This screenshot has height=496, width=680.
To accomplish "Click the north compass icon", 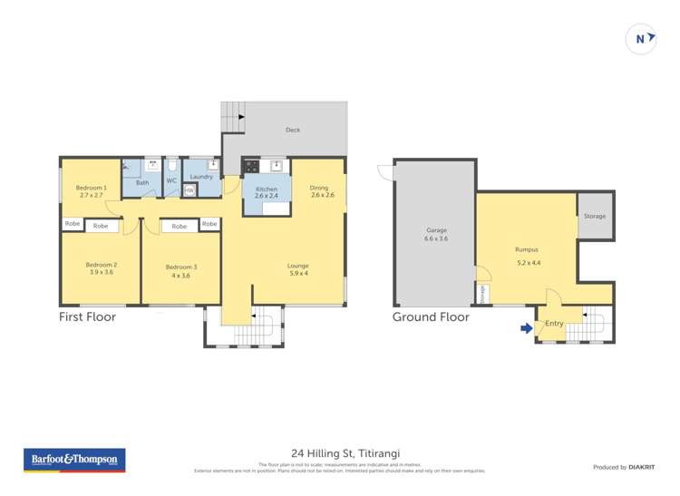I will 641,39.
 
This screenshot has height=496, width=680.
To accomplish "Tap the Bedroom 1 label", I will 92,188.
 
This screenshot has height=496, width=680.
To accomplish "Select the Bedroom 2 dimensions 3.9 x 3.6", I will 102,272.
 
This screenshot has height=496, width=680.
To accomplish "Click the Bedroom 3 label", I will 180,267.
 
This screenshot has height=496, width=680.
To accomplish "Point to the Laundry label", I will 201,177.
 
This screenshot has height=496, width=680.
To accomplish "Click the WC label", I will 170,180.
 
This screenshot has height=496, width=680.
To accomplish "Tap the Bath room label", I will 142,182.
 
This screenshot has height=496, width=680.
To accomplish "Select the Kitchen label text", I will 267,188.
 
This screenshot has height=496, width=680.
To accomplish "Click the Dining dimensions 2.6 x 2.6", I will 323,195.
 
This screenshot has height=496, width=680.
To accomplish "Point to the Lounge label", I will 298,265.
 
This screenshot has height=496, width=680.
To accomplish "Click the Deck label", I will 293,130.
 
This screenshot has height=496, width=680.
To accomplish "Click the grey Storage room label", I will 595,216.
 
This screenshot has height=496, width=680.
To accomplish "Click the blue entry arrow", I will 526,328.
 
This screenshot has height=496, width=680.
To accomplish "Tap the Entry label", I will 554,323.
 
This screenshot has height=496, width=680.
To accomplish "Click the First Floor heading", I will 87,317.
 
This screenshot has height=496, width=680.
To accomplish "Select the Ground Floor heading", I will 431,317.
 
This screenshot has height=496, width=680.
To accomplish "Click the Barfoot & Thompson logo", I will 75,460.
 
